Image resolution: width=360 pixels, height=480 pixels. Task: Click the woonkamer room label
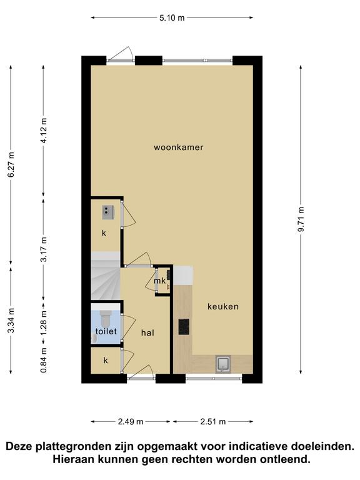tap(179, 147)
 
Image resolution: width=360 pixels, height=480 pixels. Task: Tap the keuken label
tap(223, 306)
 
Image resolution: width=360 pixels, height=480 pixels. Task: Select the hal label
tap(147, 332)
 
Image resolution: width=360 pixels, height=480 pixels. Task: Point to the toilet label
tap(106, 331)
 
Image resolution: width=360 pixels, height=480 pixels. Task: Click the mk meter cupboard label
tap(159, 281)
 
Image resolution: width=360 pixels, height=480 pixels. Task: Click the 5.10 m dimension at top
tap(172, 17)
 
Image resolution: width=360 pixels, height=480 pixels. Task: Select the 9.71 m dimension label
tap(301, 219)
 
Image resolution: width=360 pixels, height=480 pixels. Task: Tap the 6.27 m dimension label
tap(11, 164)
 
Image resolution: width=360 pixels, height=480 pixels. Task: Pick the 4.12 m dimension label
tap(44, 131)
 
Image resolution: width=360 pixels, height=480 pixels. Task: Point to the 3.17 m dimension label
tap(44, 249)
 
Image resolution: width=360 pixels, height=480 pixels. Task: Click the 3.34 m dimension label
tap(11, 320)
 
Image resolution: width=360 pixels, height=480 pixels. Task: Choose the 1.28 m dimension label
tap(44, 322)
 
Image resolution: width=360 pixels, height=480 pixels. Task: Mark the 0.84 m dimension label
tap(44, 360)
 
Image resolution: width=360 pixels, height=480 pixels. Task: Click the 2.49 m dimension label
tap(131, 421)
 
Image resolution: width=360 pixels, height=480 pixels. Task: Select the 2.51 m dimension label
tap(213, 421)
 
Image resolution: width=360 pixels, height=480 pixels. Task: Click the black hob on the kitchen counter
tap(184, 327)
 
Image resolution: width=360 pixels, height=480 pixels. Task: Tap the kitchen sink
tap(222, 364)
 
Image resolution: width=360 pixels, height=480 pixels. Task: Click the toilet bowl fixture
tap(106, 319)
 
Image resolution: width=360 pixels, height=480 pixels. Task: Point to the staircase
tap(106, 276)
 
